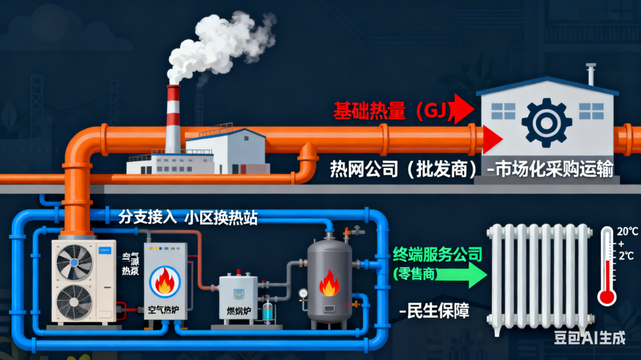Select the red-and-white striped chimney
(x=173, y=119)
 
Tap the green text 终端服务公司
(x=437, y=255)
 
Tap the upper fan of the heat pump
(x=74, y=259)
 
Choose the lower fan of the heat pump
(x=74, y=299)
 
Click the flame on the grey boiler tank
(x=329, y=283)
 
